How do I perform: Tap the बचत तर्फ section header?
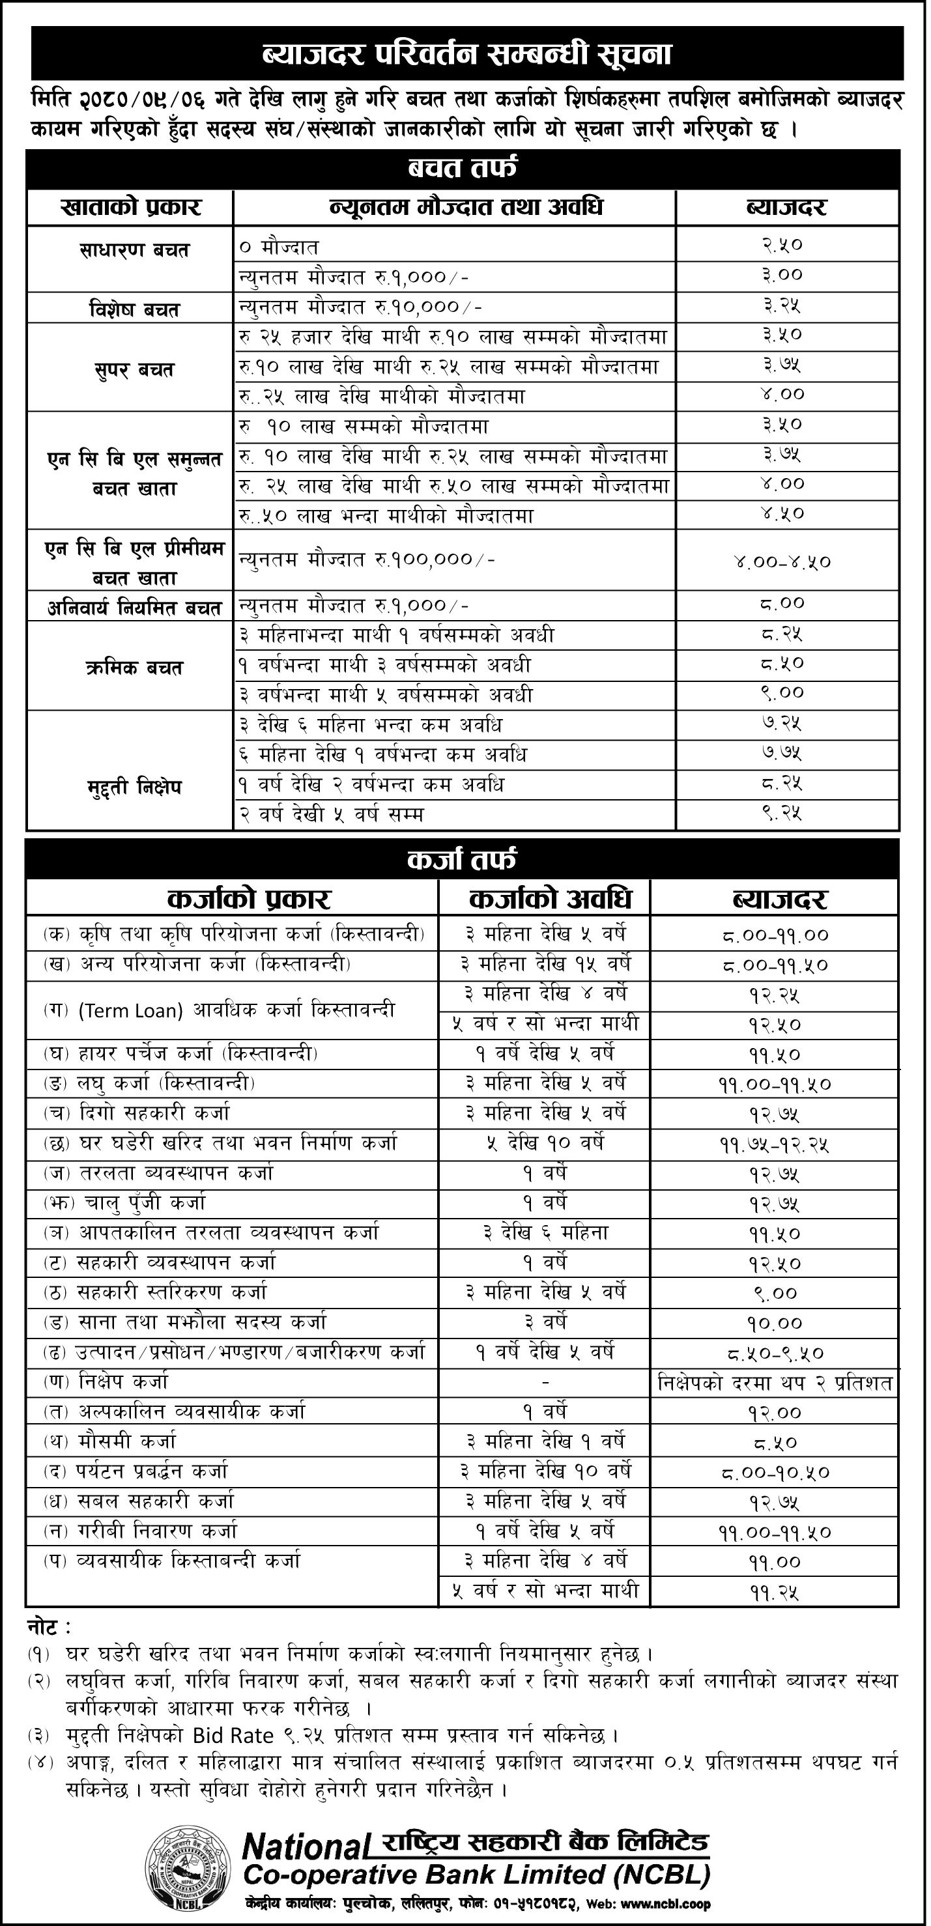[x=462, y=169]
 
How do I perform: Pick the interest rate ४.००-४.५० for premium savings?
[x=782, y=561]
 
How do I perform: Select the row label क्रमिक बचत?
[x=134, y=668]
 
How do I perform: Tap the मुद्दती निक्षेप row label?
[x=134, y=787]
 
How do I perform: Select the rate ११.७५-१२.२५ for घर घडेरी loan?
[x=776, y=1144]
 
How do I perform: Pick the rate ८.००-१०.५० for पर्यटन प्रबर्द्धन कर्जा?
[x=776, y=1473]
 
